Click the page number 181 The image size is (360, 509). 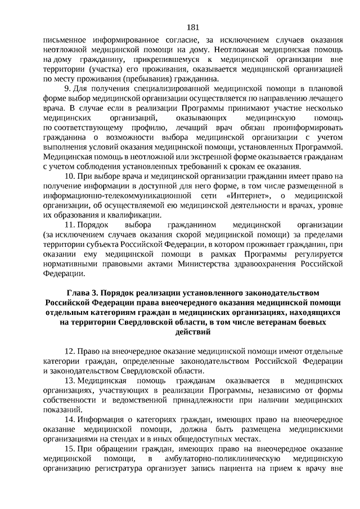(191, 28)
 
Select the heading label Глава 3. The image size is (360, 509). (83, 293)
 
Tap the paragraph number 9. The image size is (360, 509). (67, 89)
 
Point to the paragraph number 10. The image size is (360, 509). (69, 176)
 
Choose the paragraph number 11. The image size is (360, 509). (69, 224)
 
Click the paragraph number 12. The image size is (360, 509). (69, 351)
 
